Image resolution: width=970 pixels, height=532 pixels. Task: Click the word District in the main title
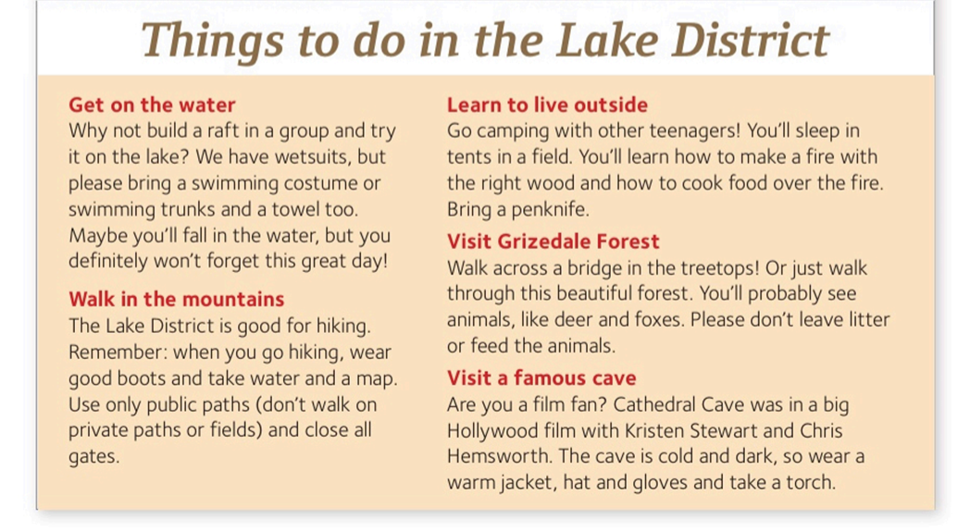pos(750,40)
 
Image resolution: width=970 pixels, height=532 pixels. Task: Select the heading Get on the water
pos(152,105)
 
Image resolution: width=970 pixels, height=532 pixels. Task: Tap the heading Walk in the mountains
pos(176,299)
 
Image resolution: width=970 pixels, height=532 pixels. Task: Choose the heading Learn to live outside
pos(547,105)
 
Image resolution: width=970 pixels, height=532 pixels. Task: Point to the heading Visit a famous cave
pos(541,377)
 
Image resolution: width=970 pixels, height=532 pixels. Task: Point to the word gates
pos(93,457)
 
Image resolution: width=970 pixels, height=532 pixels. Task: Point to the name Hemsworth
pos(499,456)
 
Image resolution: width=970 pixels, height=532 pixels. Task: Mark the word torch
pos(811,483)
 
